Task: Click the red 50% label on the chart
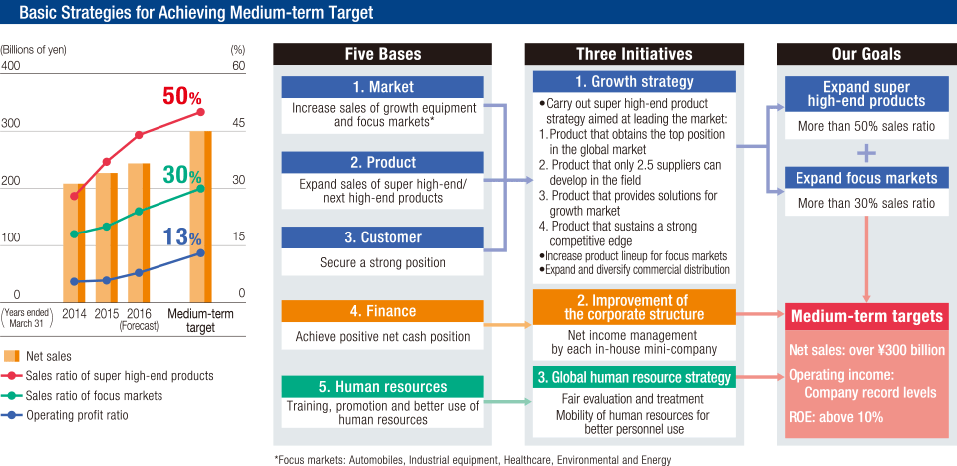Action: click(x=181, y=96)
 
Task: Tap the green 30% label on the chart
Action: click(x=181, y=176)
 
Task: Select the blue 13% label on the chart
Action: click(x=181, y=236)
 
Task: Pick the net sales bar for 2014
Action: click(x=74, y=242)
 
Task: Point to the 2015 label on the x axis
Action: click(x=107, y=314)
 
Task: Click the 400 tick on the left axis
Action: click(x=10, y=65)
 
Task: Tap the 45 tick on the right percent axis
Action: click(x=238, y=122)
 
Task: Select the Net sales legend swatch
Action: click(x=12, y=356)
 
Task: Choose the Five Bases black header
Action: click(x=383, y=54)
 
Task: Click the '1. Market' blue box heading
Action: click(x=383, y=87)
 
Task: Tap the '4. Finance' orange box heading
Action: click(x=383, y=311)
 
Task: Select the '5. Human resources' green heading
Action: click(x=383, y=386)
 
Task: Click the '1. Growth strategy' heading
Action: click(x=634, y=81)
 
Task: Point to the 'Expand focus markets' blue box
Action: click(x=866, y=178)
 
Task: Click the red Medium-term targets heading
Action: click(x=866, y=316)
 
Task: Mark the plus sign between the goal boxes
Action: click(x=866, y=153)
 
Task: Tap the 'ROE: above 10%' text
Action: click(x=835, y=418)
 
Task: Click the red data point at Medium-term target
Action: click(x=200, y=112)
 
